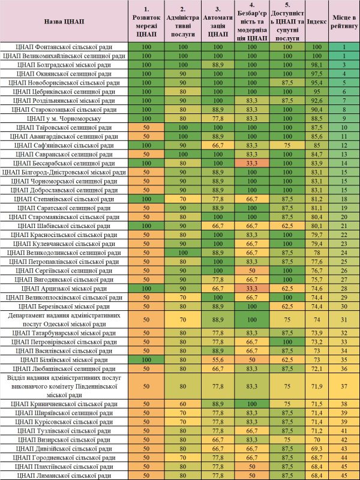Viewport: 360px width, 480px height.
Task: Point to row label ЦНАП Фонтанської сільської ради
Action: click(x=64, y=46)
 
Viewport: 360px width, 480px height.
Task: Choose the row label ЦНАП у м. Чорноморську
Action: click(x=64, y=118)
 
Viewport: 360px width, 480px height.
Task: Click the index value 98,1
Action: click(x=313, y=64)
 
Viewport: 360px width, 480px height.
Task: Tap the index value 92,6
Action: click(x=313, y=100)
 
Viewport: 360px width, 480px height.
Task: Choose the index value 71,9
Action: click(x=313, y=386)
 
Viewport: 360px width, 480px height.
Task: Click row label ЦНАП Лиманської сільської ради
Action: click(x=64, y=476)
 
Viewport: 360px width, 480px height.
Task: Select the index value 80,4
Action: click(x=313, y=217)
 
